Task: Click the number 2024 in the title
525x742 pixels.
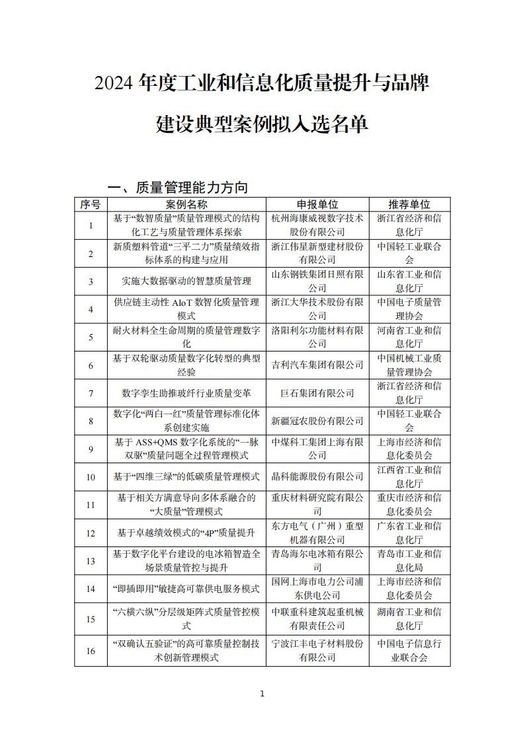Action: pyautogui.click(x=115, y=84)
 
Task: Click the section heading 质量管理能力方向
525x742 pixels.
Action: pyautogui.click(x=191, y=188)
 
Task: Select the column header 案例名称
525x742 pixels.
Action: pyautogui.click(x=186, y=205)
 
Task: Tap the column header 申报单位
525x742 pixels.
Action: pyautogui.click(x=317, y=205)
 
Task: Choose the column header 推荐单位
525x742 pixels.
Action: pyautogui.click(x=409, y=205)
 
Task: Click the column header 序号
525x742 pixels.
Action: pyautogui.click(x=91, y=205)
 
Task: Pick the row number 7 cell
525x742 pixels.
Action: pyautogui.click(x=91, y=393)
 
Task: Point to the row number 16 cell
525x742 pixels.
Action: pyautogui.click(x=91, y=651)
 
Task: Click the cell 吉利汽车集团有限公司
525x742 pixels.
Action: pyautogui.click(x=317, y=365)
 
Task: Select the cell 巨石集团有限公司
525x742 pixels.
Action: pyautogui.click(x=317, y=393)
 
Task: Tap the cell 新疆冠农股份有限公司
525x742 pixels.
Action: pyautogui.click(x=317, y=421)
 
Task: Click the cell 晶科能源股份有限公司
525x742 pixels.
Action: pyautogui.click(x=317, y=476)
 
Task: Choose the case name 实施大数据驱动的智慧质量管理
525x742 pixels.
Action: pyautogui.click(x=186, y=281)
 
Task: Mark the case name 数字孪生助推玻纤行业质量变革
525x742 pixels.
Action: pyautogui.click(x=186, y=393)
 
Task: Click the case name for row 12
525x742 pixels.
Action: pyautogui.click(x=186, y=533)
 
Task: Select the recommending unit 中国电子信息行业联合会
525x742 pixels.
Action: pyautogui.click(x=409, y=651)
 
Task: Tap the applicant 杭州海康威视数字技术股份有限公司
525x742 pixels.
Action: pyautogui.click(x=317, y=225)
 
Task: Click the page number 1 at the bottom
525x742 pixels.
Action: pyautogui.click(x=262, y=694)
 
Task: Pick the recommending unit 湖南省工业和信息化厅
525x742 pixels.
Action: pyautogui.click(x=409, y=618)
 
